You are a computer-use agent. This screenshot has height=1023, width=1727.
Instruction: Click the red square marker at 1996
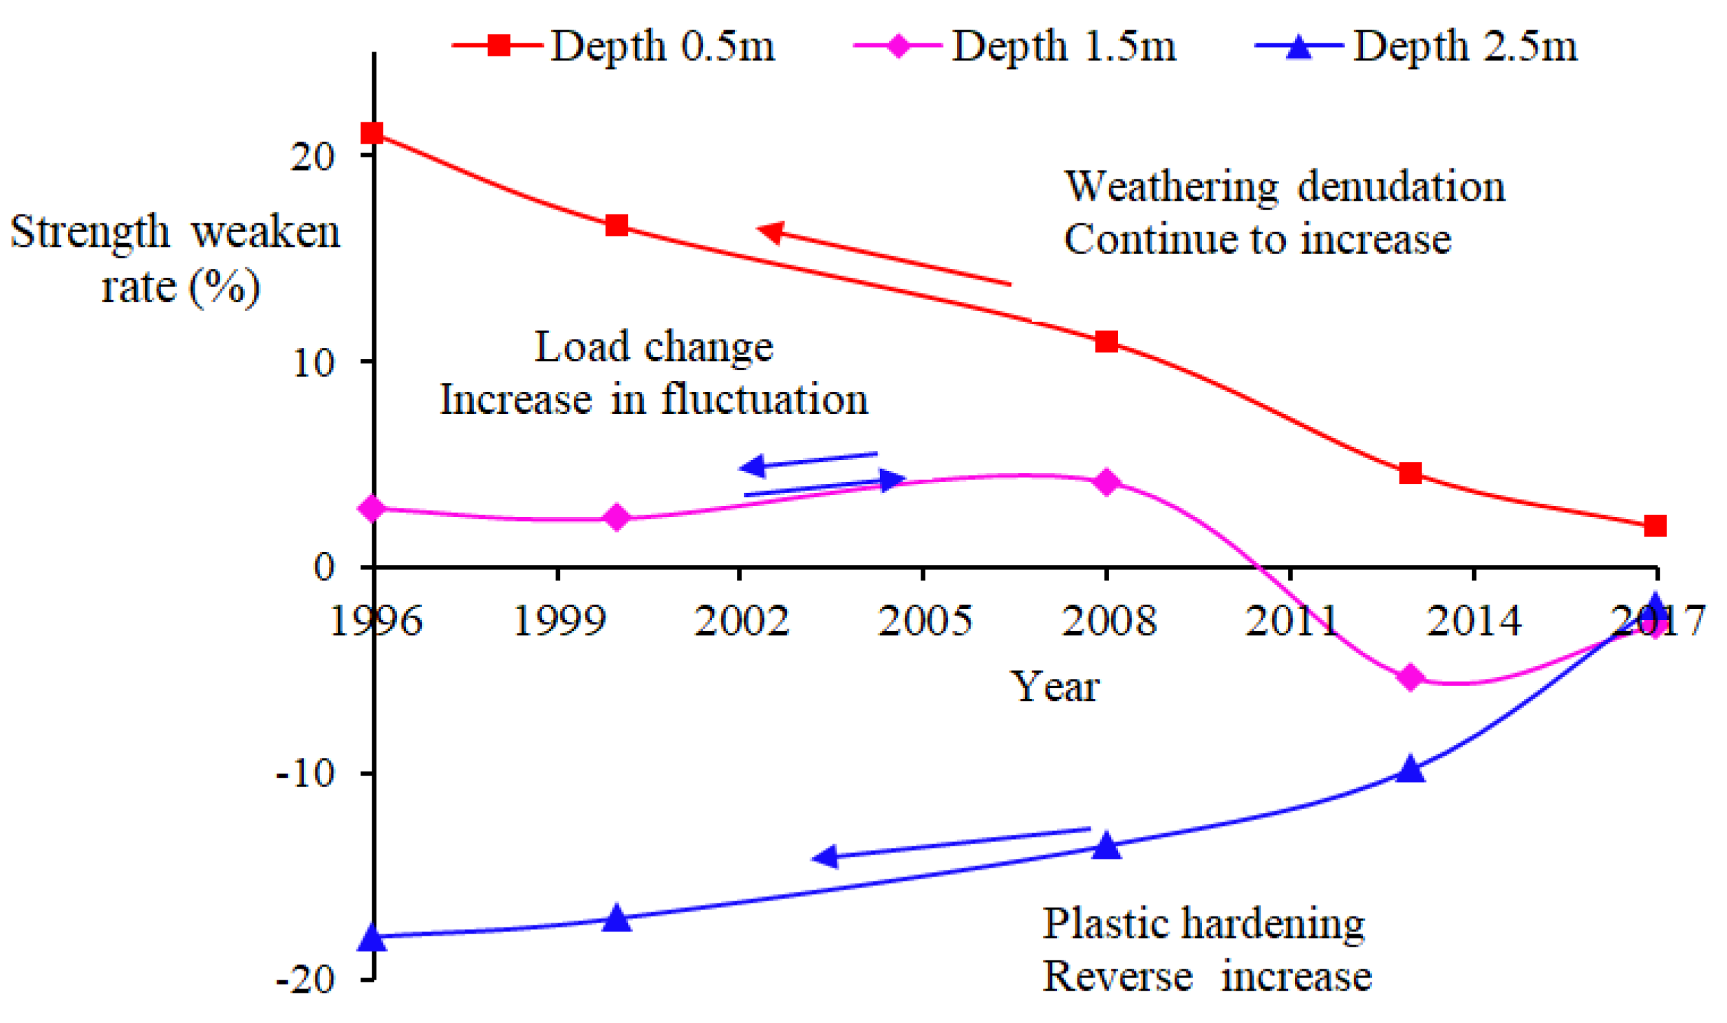[372, 133]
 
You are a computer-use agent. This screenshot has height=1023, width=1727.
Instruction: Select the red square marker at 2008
[1106, 342]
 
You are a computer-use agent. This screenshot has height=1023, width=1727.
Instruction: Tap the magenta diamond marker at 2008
[1106, 482]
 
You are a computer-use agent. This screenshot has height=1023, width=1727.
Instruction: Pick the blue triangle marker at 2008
[1106, 846]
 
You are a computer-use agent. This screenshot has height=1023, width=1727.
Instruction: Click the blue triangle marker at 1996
[372, 938]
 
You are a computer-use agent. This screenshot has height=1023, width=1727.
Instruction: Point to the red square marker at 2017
[1655, 526]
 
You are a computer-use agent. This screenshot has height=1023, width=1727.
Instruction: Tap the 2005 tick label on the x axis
[924, 620]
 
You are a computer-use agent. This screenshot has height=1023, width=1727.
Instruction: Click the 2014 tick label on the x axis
[1473, 620]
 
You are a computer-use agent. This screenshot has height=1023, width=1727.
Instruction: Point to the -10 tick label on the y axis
[305, 774]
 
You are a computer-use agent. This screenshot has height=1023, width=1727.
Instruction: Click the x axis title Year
[1055, 687]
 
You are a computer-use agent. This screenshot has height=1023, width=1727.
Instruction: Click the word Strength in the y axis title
[89, 232]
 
